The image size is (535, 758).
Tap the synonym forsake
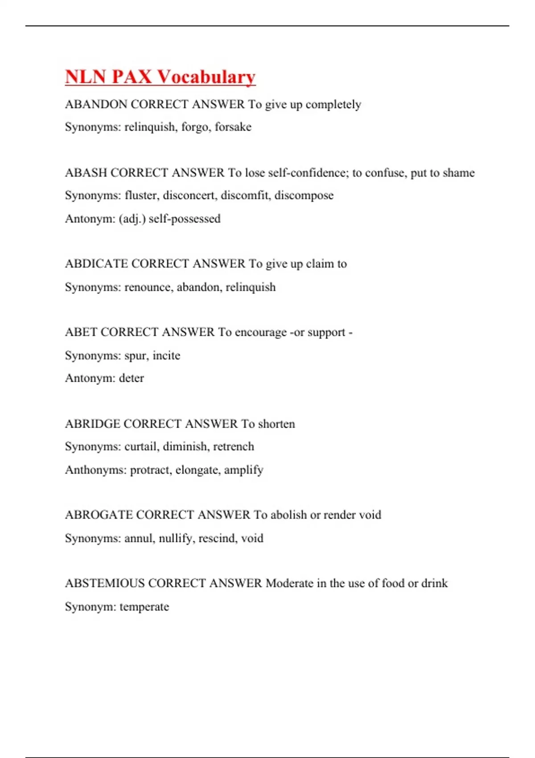pos(233,127)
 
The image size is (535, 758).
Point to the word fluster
pos(141,195)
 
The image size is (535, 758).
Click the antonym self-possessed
pos(185,219)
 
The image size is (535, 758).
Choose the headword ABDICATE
pos(97,264)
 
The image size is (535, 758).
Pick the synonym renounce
pos(148,287)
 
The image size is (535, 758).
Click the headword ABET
pos(81,332)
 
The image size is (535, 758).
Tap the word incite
pos(166,355)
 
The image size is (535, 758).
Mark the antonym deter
pos(131,378)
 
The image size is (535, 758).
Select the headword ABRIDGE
pos(92,424)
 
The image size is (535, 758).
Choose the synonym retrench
pos(233,446)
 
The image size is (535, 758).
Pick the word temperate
pos(144,607)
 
